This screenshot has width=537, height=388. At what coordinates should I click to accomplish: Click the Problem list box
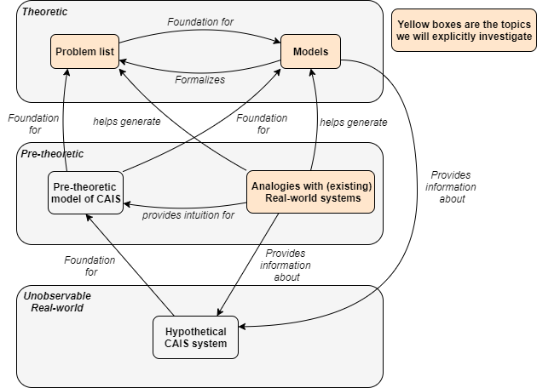click(x=85, y=52)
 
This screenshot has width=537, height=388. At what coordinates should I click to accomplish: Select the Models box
click(x=310, y=52)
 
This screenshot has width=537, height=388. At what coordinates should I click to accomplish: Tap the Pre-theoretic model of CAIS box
click(x=85, y=194)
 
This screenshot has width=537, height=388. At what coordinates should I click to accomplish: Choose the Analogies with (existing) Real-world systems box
click(x=313, y=191)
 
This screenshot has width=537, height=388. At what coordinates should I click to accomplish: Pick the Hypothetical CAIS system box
click(x=195, y=338)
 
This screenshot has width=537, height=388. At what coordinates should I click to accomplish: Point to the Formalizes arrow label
click(x=199, y=79)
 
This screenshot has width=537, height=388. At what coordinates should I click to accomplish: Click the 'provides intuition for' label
click(x=188, y=215)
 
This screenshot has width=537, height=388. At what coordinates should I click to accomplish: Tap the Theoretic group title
click(x=45, y=12)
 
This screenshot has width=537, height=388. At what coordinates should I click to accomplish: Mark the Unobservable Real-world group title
click(x=58, y=301)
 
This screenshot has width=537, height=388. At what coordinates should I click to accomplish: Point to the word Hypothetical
click(x=195, y=331)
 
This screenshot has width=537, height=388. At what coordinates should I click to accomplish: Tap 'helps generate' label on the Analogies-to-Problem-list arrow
click(x=126, y=122)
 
